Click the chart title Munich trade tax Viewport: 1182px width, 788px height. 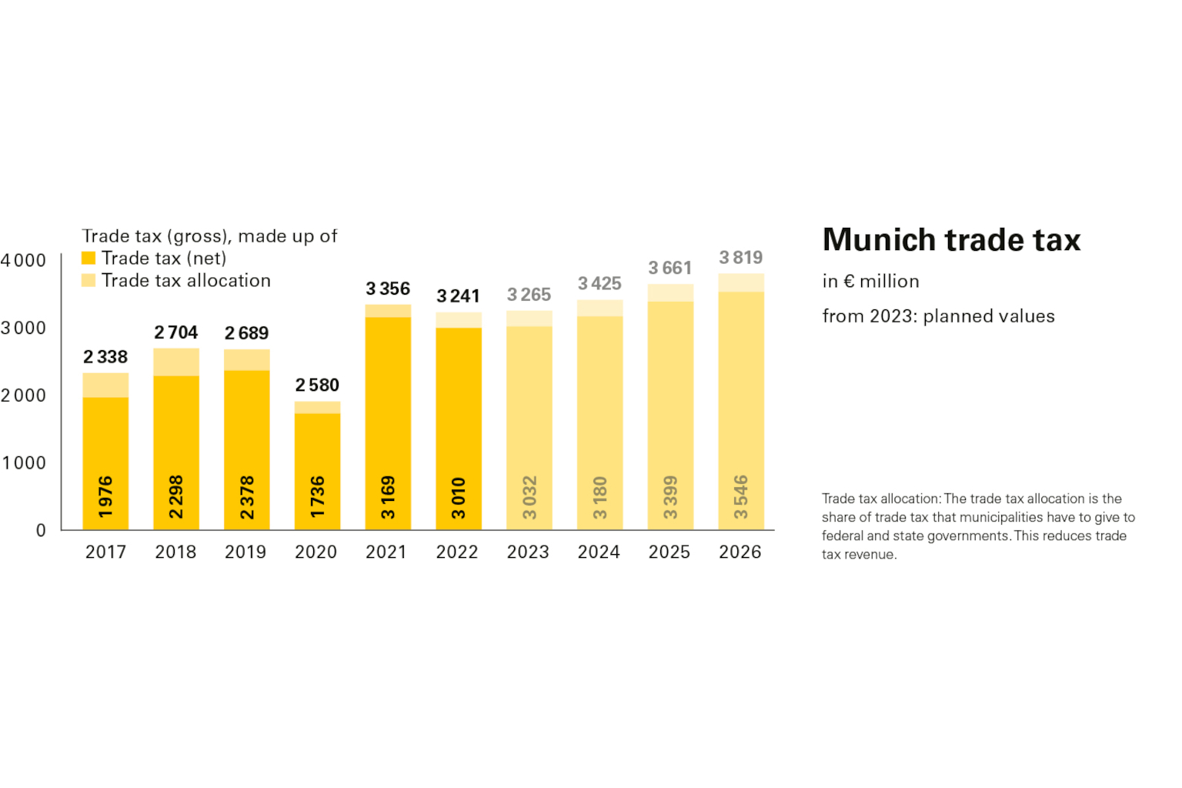click(951, 240)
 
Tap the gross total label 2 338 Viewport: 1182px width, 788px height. click(105, 357)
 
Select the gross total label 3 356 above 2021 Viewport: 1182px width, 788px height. click(388, 289)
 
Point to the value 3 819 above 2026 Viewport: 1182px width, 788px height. click(740, 258)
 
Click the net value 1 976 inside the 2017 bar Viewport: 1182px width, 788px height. click(105, 496)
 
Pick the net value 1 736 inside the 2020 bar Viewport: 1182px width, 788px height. click(317, 496)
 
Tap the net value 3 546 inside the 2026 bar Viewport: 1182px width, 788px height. click(740, 496)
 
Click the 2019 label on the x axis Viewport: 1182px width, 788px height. click(245, 552)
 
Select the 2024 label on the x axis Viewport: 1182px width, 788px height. click(599, 552)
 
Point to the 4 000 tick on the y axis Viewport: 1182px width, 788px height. click(24, 261)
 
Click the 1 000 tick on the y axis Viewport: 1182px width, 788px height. click(24, 463)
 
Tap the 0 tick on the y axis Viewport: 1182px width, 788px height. click(41, 530)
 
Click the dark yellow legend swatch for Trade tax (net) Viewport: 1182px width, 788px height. click(88, 259)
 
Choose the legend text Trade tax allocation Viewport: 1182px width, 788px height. click(186, 281)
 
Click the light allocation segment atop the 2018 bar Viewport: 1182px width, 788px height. click(176, 362)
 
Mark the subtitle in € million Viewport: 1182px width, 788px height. click(870, 282)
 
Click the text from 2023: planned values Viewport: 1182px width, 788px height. click(938, 316)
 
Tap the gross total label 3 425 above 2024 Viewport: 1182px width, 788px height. click(599, 284)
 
